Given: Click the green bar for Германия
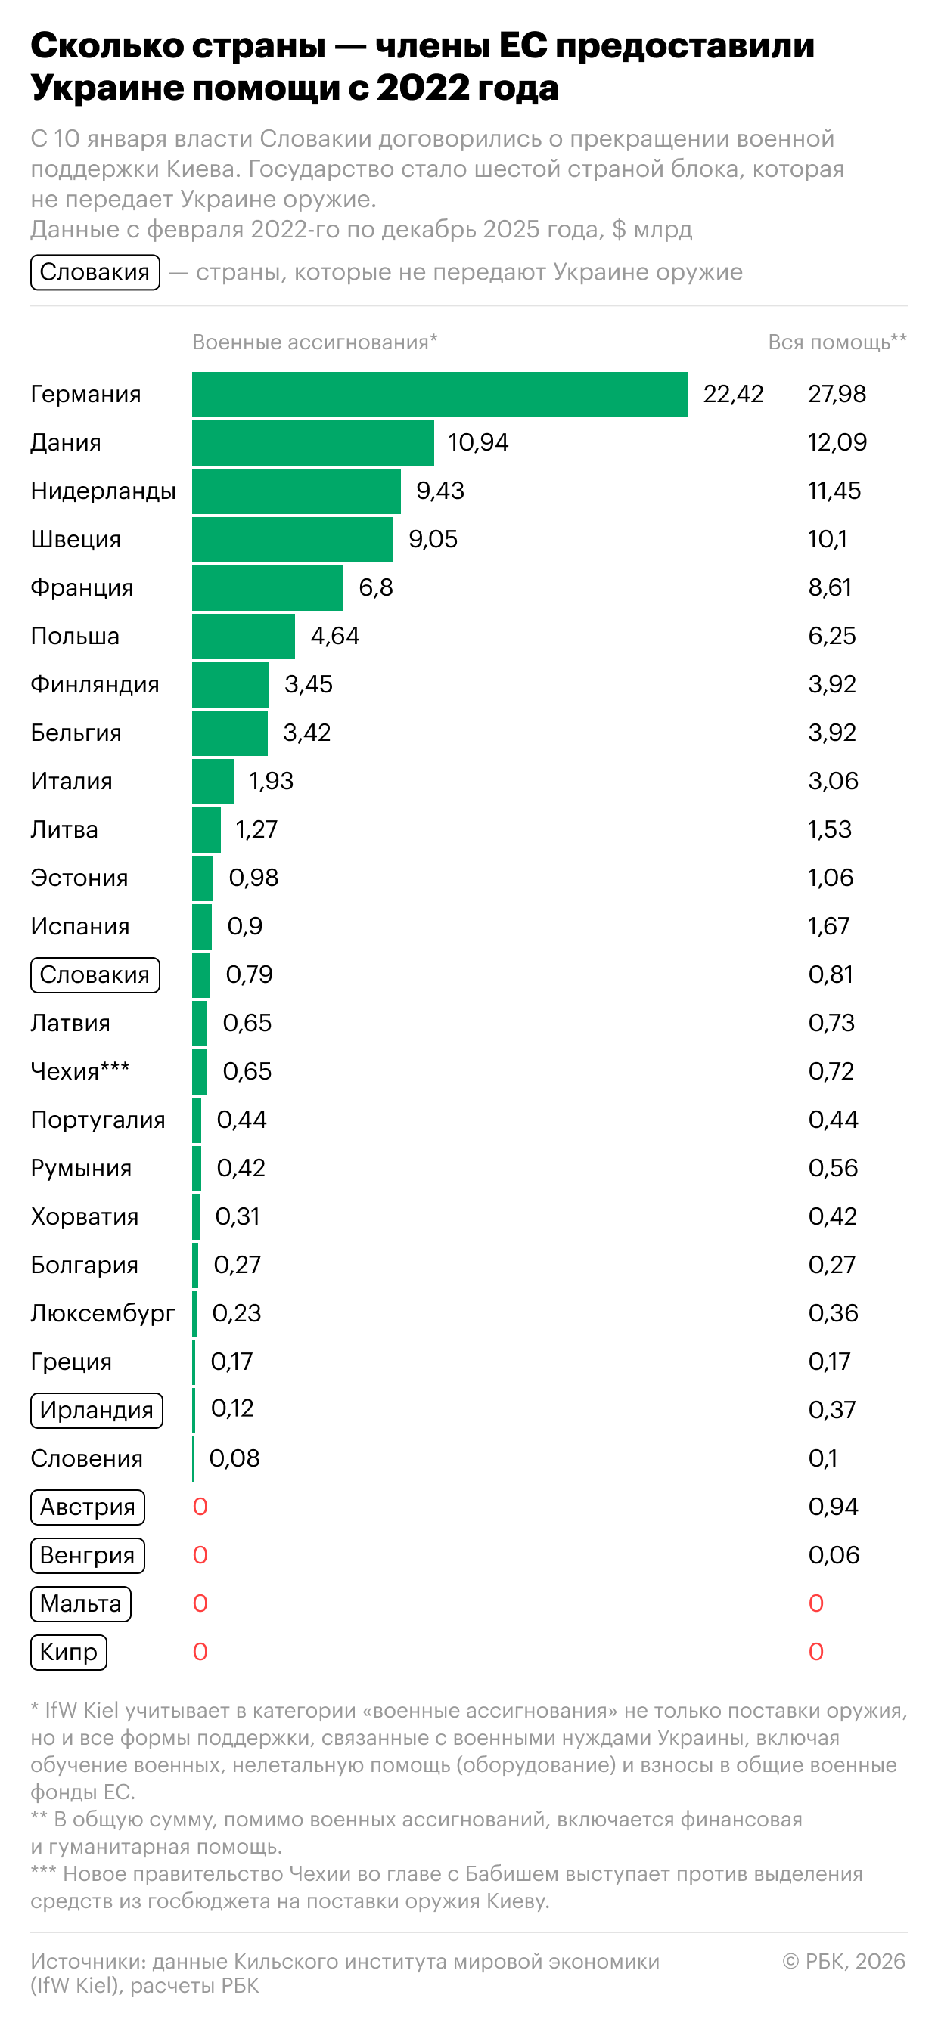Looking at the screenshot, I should [440, 394].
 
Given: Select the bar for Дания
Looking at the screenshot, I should [312, 443].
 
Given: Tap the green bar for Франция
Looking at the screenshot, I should [267, 587].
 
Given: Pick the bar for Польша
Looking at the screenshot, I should [244, 636].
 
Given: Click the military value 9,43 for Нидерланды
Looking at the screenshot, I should [440, 491].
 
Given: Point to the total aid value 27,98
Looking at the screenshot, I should [837, 394].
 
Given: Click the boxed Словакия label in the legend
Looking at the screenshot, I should [95, 272].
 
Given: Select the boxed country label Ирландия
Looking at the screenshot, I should [97, 1411].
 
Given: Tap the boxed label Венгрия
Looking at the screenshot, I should [87, 1556].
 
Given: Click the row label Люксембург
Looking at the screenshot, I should [103, 1313].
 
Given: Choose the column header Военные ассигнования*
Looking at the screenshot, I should [314, 342].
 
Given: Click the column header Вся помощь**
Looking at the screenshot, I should [837, 342].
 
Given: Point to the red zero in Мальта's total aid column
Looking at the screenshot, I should [816, 1603].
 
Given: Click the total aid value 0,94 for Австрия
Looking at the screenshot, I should [833, 1507].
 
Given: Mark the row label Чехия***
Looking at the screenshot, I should [80, 1071].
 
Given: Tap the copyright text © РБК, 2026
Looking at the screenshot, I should [843, 1961].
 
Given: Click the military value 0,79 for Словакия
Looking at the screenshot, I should [249, 974].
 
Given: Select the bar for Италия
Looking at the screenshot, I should [213, 782].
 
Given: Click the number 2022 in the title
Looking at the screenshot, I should [415, 88].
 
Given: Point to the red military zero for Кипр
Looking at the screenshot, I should [200, 1653].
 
